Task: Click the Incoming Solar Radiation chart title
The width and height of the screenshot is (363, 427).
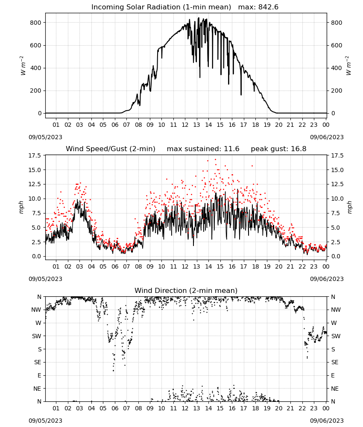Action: [161, 7]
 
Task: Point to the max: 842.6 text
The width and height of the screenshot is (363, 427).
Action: [258, 7]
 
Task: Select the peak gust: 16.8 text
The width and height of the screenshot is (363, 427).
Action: [278, 149]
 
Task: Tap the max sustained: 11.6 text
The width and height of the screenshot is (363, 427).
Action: [203, 149]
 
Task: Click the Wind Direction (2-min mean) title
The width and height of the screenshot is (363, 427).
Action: [186, 290]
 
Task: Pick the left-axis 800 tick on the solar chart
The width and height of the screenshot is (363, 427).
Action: [36, 23]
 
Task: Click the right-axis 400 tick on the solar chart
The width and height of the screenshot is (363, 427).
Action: [337, 68]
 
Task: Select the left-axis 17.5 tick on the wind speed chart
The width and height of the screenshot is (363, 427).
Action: [35, 155]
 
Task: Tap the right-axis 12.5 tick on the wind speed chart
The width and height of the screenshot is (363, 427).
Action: [337, 184]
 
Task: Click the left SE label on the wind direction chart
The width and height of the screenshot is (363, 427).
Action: [38, 362]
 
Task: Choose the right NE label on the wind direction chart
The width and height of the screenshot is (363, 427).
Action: [335, 389]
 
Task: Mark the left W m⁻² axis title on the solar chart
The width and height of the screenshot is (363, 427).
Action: [23, 66]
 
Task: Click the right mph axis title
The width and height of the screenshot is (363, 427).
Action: [350, 207]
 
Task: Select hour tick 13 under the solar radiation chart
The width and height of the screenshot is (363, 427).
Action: [196, 125]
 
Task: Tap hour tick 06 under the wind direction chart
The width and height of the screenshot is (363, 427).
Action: [114, 408]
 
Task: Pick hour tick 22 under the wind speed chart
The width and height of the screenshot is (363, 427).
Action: [302, 266]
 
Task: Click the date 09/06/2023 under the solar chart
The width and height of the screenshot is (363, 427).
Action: [327, 137]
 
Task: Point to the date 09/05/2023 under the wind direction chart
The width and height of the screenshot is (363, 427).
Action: [45, 421]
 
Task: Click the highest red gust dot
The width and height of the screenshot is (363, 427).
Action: [215, 160]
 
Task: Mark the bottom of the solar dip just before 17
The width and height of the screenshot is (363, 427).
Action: [241, 95]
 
